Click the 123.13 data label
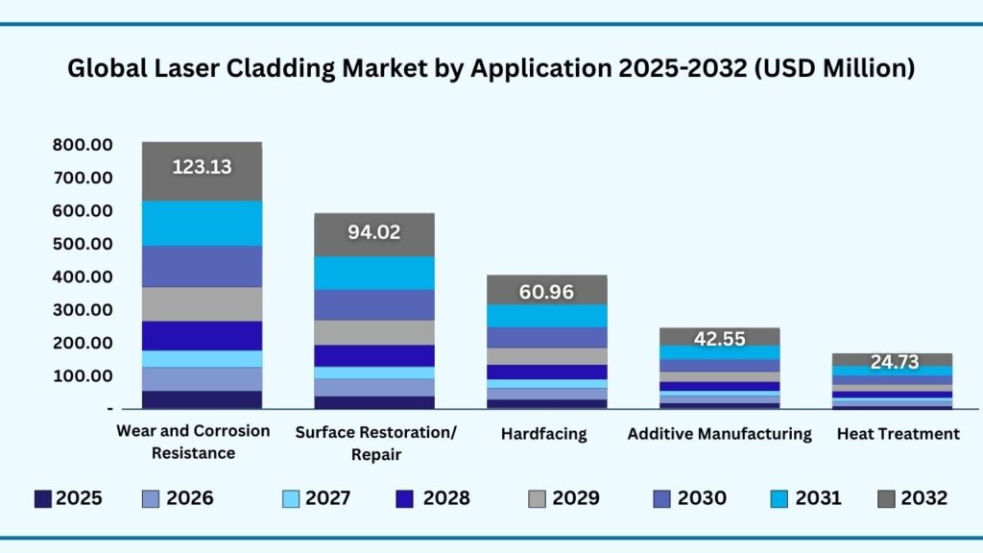click(x=202, y=167)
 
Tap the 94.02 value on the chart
click(x=374, y=232)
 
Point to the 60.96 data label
click(x=546, y=292)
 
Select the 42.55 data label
click(x=720, y=338)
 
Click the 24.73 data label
click(x=893, y=362)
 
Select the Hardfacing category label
click(x=543, y=434)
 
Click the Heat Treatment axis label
click(x=898, y=434)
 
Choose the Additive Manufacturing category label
click(x=719, y=434)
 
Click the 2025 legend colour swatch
click(x=43, y=498)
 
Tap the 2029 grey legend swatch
click(x=538, y=498)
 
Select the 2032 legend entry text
click(x=924, y=498)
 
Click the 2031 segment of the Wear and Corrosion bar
click(x=202, y=223)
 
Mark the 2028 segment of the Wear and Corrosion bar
click(x=202, y=335)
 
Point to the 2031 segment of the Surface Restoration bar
click(x=374, y=273)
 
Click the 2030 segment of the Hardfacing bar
click(x=546, y=337)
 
